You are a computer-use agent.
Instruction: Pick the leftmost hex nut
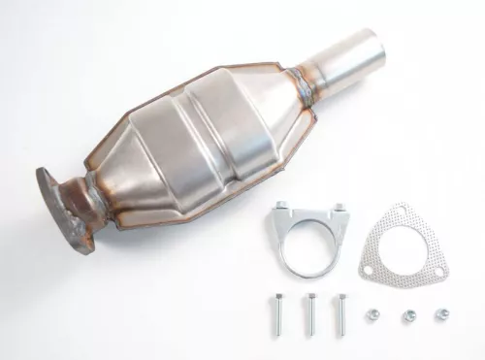[373, 314]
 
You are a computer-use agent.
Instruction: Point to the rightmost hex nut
[442, 314]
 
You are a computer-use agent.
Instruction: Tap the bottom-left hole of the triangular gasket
[366, 263]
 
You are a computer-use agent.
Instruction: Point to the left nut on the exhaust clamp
[281, 207]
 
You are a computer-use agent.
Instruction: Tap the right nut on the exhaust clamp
[339, 207]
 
